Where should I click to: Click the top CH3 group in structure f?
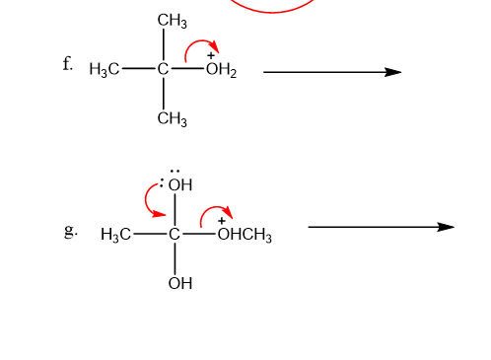[173, 21]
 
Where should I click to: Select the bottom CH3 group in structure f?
[173, 118]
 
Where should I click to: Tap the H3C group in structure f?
[105, 70]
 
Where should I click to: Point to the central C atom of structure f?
[163, 69]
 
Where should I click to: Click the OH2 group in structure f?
[221, 70]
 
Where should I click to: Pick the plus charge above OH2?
[211, 55]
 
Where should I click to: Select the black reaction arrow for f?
[332, 72]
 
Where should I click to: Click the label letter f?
[67, 63]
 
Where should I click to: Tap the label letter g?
[71, 231]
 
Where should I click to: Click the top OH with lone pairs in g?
[176, 181]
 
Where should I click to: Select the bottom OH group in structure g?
[180, 283]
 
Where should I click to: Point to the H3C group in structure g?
[115, 235]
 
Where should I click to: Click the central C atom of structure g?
[175, 234]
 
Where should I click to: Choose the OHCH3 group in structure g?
[245, 235]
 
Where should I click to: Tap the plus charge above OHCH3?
[222, 221]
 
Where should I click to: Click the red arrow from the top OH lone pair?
[146, 200]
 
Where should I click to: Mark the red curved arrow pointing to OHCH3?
[214, 207]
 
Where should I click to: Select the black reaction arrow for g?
[382, 227]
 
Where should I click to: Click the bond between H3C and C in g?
[150, 234]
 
